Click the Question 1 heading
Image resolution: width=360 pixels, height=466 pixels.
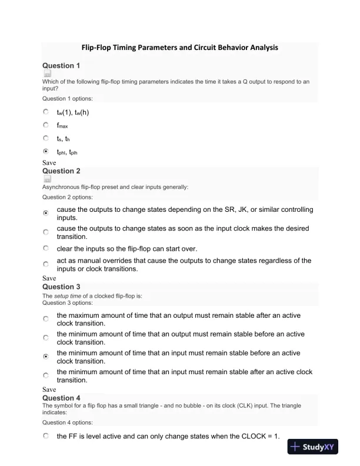coord(61,65)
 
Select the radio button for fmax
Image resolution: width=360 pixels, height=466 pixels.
coord(46,125)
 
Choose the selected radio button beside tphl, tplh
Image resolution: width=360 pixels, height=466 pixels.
coord(46,151)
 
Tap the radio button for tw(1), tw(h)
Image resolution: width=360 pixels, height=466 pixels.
coord(46,111)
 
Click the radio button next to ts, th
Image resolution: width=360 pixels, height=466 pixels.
coord(46,138)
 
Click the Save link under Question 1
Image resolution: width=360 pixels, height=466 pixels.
coord(49,161)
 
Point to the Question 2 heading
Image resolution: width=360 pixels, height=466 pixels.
coord(61,171)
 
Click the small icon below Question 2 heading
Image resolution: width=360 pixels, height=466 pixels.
coord(47,179)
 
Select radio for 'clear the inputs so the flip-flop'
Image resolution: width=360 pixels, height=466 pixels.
coord(46,248)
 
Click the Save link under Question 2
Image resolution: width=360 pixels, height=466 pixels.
coord(49,278)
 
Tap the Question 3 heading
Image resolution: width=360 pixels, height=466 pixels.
coord(61,287)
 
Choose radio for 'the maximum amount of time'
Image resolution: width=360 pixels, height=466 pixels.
coord(46,319)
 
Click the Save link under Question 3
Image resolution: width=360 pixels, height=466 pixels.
coord(49,390)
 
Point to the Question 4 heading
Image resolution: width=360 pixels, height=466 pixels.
coord(61,398)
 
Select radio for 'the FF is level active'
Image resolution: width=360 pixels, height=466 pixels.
coord(46,437)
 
